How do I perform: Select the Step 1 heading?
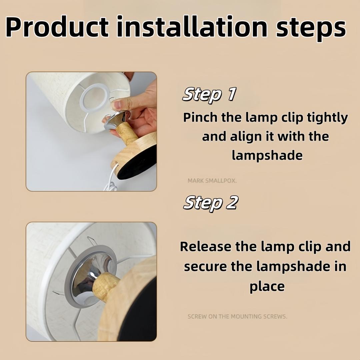click(209, 95)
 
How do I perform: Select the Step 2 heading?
click(210, 203)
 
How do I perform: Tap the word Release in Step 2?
click(205, 247)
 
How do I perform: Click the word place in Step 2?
click(267, 287)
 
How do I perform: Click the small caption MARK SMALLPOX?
click(212, 181)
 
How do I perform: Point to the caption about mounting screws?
click(237, 316)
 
